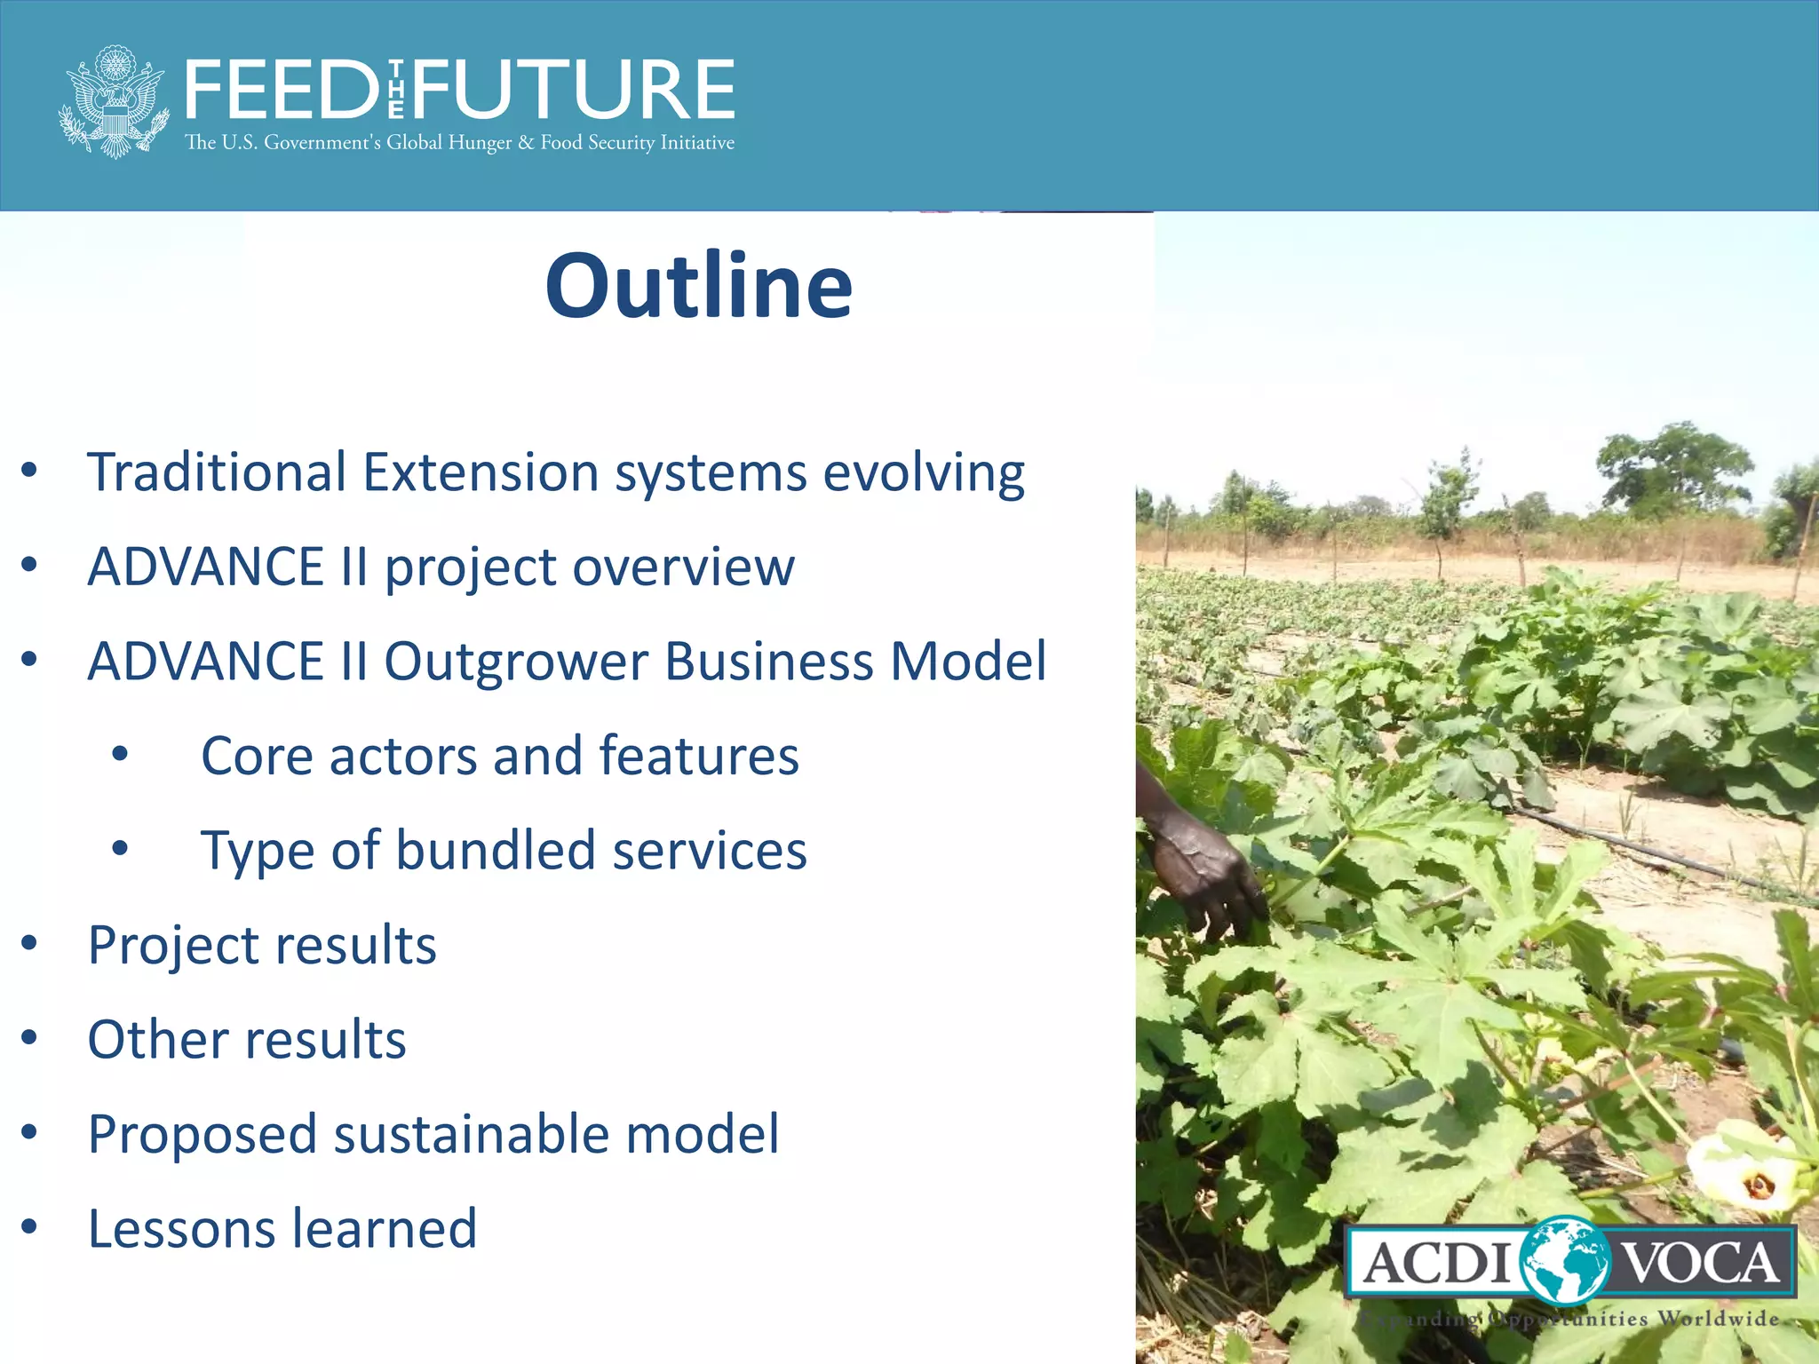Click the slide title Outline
[x=698, y=286]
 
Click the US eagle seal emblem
[x=114, y=102]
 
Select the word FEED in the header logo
[x=282, y=90]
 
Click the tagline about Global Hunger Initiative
[x=459, y=143]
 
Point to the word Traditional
[x=217, y=472]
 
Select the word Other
[x=158, y=1040]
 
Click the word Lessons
[x=181, y=1229]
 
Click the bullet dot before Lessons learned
[x=29, y=1226]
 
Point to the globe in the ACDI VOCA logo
[x=1565, y=1262]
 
